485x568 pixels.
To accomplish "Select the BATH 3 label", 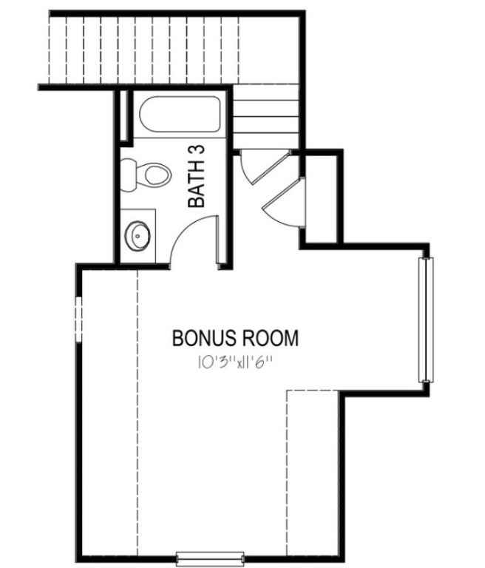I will click(x=197, y=175).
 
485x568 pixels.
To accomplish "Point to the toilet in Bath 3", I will click(x=152, y=175).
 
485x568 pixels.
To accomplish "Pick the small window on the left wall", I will click(x=78, y=318).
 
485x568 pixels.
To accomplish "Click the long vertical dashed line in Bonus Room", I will click(x=138, y=407).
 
